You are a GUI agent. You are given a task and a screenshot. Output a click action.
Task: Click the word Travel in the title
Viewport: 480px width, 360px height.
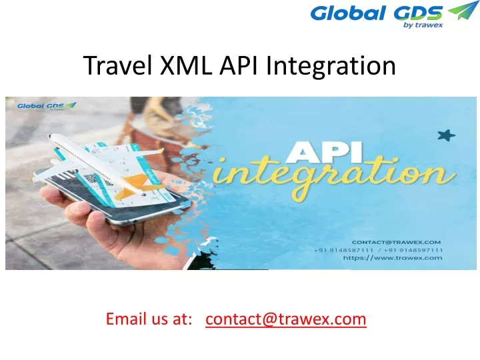(x=118, y=65)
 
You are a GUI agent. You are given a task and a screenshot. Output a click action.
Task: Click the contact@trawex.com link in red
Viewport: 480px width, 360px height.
(x=285, y=319)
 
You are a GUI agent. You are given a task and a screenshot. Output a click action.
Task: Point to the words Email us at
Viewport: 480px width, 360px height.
(x=149, y=319)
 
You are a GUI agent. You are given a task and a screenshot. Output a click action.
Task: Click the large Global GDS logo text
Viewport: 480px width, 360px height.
(x=377, y=13)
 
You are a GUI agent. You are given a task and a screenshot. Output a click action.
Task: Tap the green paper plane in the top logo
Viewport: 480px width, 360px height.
(x=461, y=11)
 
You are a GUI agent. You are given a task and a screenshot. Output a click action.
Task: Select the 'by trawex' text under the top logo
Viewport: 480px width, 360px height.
(x=423, y=25)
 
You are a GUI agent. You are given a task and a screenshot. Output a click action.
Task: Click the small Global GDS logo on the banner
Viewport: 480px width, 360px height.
(x=47, y=106)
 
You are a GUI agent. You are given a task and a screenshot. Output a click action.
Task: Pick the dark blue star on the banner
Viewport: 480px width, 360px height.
(x=446, y=135)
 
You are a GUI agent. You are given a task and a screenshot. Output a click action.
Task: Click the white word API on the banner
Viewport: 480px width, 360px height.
(x=324, y=152)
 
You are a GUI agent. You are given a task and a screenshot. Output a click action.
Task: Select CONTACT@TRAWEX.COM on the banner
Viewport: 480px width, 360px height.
(x=396, y=242)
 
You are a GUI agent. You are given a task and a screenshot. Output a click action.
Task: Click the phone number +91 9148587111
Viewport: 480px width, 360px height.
(x=343, y=250)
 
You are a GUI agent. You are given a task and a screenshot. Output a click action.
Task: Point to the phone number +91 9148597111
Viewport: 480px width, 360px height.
(x=413, y=250)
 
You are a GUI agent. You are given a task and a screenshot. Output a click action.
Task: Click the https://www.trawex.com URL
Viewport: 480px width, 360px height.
(x=393, y=258)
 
